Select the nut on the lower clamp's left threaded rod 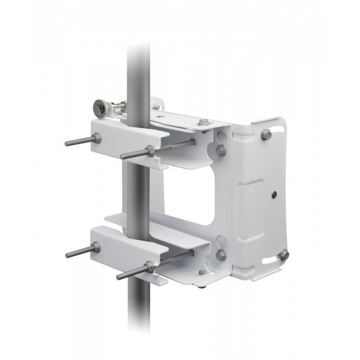(96, 247)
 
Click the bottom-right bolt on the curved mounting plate (283, 256)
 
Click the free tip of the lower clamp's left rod (67, 255)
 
